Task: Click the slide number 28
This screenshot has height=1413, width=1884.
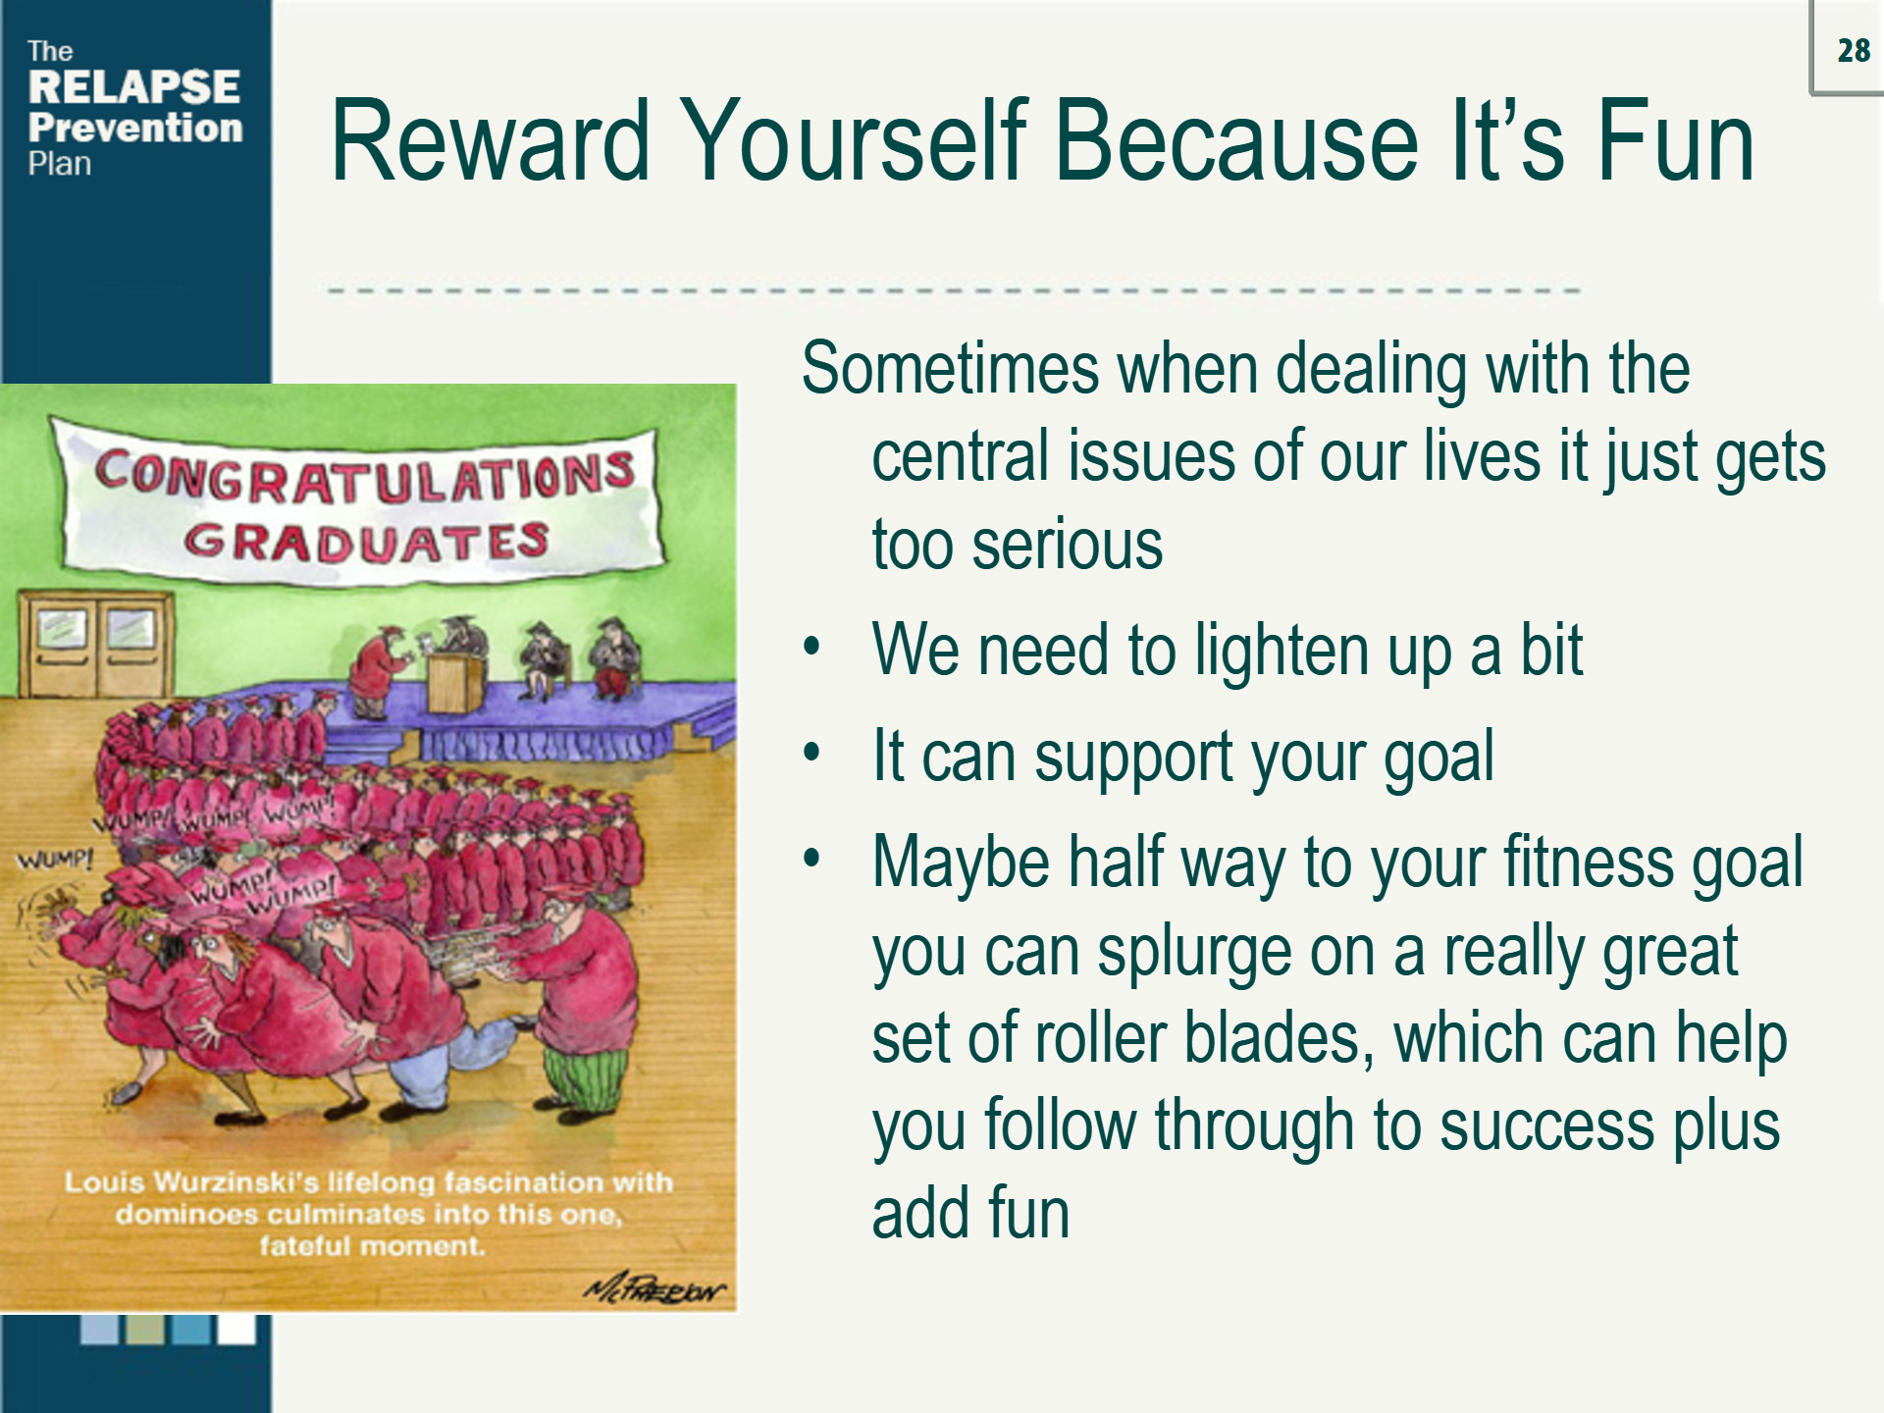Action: (x=1854, y=51)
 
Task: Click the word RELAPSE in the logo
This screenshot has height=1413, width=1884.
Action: (x=134, y=87)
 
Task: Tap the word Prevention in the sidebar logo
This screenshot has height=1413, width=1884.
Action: (x=135, y=128)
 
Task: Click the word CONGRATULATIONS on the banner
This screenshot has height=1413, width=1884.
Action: (x=364, y=477)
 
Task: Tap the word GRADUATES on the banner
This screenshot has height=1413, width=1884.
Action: (x=366, y=542)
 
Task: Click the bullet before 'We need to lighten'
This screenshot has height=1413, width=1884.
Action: (x=811, y=649)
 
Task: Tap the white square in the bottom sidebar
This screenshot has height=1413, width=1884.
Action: (x=236, y=1330)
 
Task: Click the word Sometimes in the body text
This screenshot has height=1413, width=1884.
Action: (x=949, y=369)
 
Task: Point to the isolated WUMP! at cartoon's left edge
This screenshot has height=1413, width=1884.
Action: (x=55, y=861)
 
